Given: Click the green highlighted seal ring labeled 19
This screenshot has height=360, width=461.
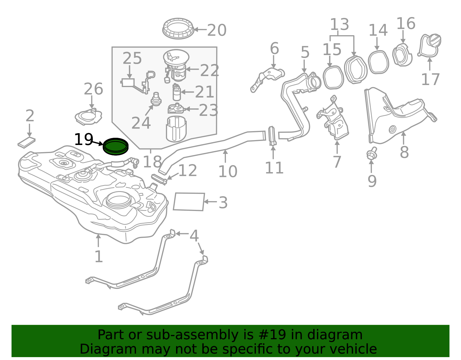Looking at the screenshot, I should pos(116,146).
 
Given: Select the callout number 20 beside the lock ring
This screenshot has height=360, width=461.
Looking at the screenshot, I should pos(217,30).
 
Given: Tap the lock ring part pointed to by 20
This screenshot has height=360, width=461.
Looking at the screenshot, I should pos(178,29).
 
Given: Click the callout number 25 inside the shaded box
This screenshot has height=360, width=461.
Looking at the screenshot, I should pos(132,59).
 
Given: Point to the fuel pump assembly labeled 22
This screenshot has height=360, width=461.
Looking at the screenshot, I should pos(176,65).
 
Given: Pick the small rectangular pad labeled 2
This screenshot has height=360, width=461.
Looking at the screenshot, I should pos(27,142).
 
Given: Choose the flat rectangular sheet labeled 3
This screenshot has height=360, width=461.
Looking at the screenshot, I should pos(189,202).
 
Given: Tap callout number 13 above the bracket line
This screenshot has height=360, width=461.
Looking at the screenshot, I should pos(339,24).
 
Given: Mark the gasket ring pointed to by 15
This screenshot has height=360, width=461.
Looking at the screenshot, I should pos(333,78).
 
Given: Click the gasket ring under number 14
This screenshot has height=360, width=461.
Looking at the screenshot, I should pos(378,62).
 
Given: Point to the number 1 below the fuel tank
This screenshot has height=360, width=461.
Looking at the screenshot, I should pos(99,257).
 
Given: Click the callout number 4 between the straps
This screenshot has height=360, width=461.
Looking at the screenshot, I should pos(194,236).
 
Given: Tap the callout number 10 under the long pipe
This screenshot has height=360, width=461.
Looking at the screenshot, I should pos(228,172).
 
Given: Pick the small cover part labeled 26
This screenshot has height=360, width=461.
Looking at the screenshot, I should pos(88,117).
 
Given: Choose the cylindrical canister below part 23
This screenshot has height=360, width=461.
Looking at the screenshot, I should pos(176,129).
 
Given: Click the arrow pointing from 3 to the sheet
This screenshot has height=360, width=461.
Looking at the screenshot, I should pos(210,202).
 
